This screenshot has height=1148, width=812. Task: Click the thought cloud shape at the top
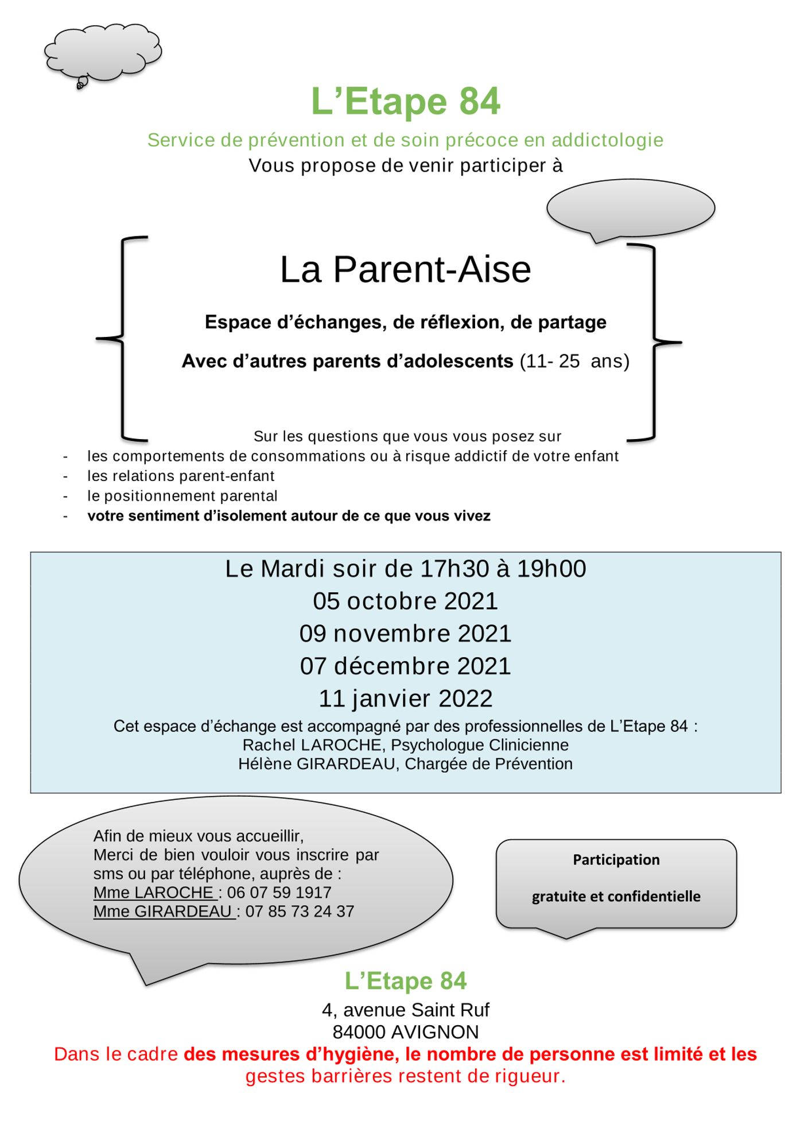[x=103, y=52]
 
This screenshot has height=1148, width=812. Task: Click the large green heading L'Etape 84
[x=405, y=102]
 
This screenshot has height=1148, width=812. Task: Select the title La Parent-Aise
[x=405, y=270]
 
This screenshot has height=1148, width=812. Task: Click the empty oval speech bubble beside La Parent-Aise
[x=630, y=208]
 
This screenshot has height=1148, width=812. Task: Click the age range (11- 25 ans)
[x=574, y=361]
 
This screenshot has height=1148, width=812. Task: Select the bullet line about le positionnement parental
[x=182, y=496]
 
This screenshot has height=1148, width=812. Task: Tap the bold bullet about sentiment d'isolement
[x=289, y=516]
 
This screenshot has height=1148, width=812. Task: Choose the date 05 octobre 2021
[x=405, y=601]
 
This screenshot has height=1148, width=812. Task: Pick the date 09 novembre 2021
[x=405, y=634]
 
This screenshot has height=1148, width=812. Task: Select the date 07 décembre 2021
[x=405, y=666]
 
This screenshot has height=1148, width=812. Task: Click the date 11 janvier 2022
[x=405, y=699]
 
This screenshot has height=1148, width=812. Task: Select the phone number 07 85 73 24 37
[x=300, y=912]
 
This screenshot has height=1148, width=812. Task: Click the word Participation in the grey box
[x=616, y=860]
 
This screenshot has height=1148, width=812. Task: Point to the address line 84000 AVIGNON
[x=405, y=1032]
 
